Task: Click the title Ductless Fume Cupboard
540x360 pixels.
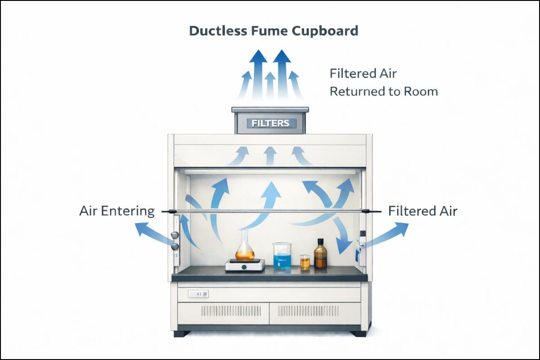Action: coord(274,31)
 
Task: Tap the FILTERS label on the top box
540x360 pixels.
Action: coord(271,123)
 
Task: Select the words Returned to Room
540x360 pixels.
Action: coord(383,92)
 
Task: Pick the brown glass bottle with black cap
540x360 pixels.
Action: coord(320,255)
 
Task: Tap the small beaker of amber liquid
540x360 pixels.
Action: coord(305,262)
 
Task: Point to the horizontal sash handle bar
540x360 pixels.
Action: coord(270,211)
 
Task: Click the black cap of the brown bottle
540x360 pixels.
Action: coord(320,241)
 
